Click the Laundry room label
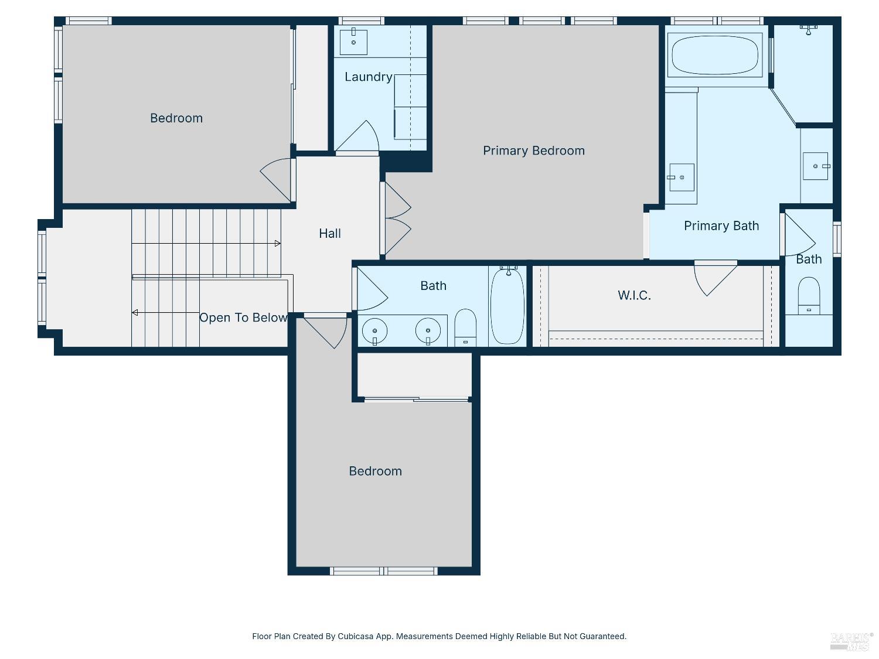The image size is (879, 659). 369,77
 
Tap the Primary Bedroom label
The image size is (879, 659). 533,151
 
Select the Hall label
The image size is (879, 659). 329,233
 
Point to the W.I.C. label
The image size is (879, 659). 634,295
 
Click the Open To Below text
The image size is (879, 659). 243,317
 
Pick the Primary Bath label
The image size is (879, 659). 721,226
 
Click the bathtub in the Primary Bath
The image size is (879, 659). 715,55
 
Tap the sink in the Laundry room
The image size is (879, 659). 353,41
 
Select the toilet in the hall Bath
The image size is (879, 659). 465,327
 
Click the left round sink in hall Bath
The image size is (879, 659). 374,331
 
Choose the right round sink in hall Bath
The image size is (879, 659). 428,331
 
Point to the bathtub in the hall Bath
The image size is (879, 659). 507,306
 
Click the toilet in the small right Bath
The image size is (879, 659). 809,295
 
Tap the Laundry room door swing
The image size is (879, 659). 357,136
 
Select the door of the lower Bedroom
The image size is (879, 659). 325,333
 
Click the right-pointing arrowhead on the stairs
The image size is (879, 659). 278,243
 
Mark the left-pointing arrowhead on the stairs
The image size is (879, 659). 135,312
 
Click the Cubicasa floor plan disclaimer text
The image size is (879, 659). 439,636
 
